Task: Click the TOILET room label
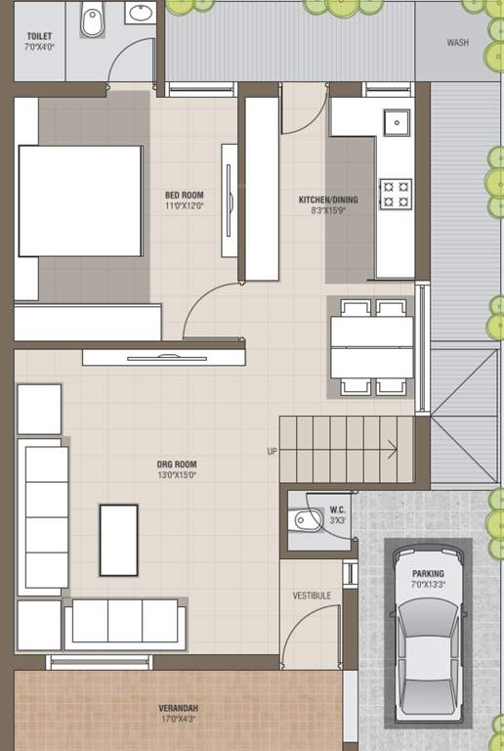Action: click(x=39, y=36)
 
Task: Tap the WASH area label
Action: click(x=458, y=43)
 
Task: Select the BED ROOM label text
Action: click(x=184, y=195)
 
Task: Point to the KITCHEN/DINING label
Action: click(x=328, y=199)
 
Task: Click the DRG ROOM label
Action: click(x=177, y=464)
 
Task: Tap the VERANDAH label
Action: click(x=179, y=708)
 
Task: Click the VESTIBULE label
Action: click(x=312, y=596)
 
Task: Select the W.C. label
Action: click(x=337, y=510)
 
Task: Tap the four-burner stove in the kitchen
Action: click(x=396, y=194)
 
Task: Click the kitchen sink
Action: click(x=397, y=122)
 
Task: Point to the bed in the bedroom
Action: click(x=80, y=201)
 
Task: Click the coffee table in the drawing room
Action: click(x=118, y=540)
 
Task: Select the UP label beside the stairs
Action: click(x=273, y=451)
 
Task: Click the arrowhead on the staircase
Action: click(x=393, y=449)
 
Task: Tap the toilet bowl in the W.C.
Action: click(x=306, y=519)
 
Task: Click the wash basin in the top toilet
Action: click(x=141, y=13)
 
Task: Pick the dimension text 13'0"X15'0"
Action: click(x=177, y=475)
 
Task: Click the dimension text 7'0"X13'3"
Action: click(x=428, y=585)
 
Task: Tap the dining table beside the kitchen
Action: click(x=372, y=347)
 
